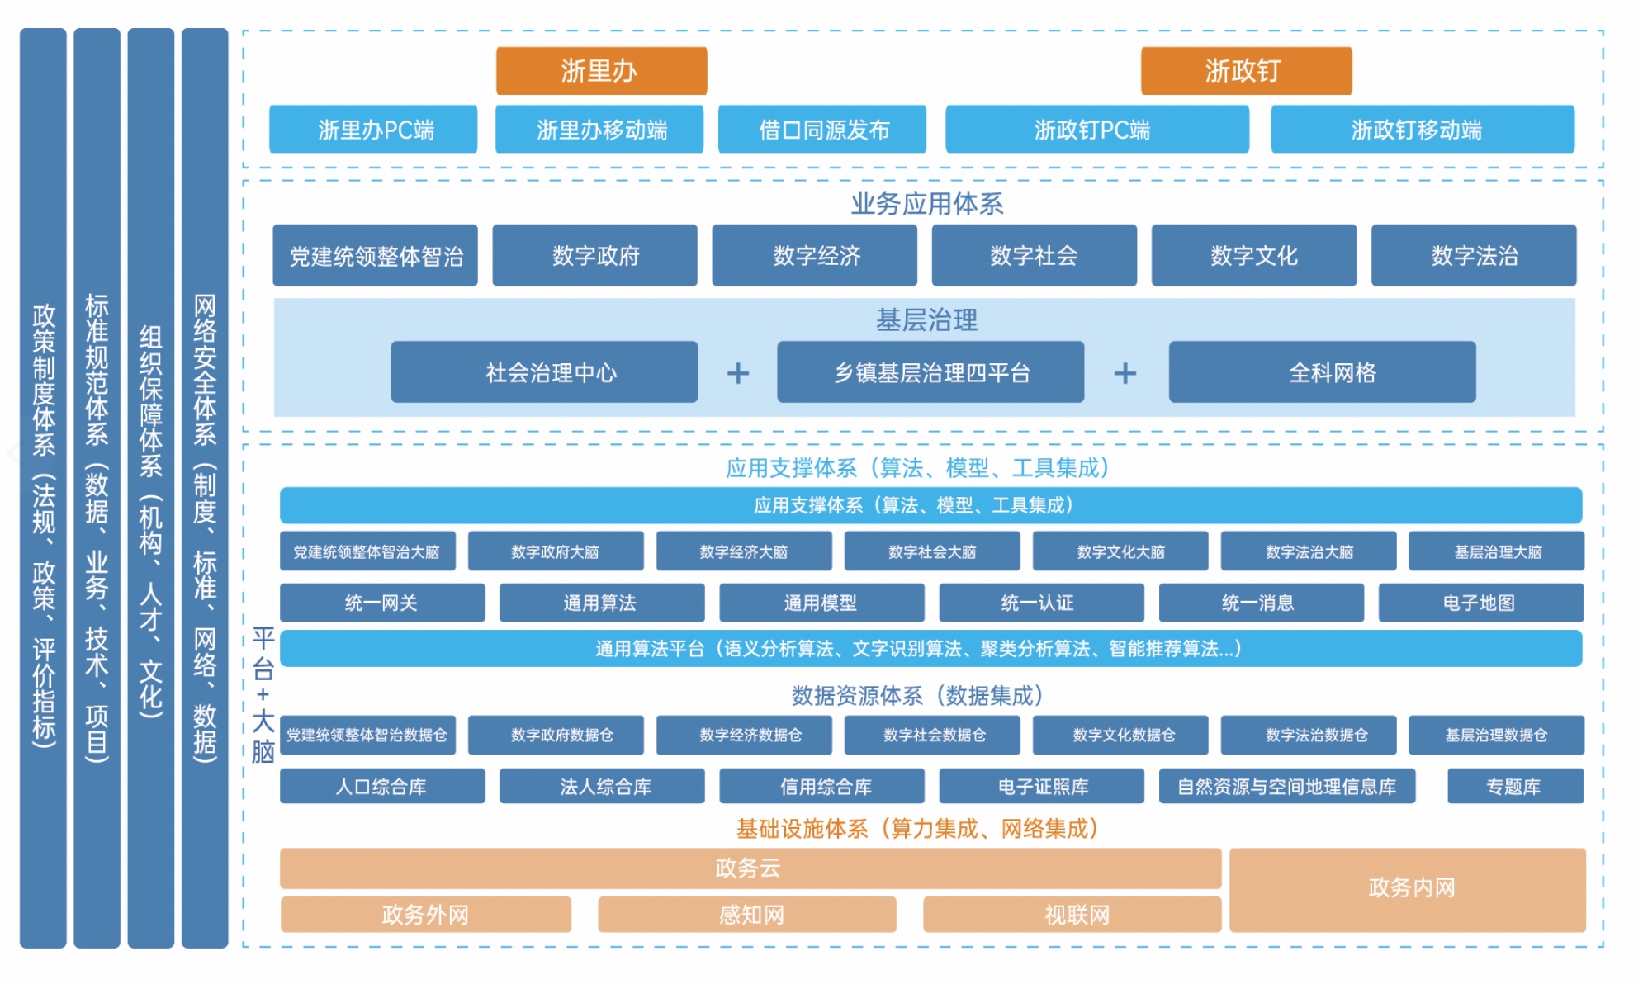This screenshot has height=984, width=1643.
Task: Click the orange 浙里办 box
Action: click(601, 71)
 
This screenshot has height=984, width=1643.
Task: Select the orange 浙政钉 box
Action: click(1245, 71)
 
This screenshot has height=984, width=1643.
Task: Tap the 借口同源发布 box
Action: click(821, 130)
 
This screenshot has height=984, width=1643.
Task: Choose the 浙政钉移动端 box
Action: click(1422, 130)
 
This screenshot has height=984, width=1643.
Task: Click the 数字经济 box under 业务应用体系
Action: click(814, 256)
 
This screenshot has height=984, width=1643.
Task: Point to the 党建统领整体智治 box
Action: click(375, 256)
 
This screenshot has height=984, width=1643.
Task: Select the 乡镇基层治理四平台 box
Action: click(930, 372)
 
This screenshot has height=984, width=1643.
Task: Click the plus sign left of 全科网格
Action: click(1125, 373)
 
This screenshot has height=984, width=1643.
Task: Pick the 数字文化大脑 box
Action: click(1120, 551)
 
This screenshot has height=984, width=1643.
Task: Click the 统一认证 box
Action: click(1040, 603)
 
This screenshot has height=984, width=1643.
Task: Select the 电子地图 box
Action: click(1480, 603)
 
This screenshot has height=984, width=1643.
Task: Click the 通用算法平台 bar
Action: click(930, 649)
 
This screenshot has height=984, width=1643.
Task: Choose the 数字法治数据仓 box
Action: click(1308, 735)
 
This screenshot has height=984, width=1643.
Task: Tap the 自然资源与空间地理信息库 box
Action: click(1286, 786)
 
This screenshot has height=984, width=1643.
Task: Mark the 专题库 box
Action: click(1514, 786)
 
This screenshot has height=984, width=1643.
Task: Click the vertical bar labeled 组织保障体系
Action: click(150, 487)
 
